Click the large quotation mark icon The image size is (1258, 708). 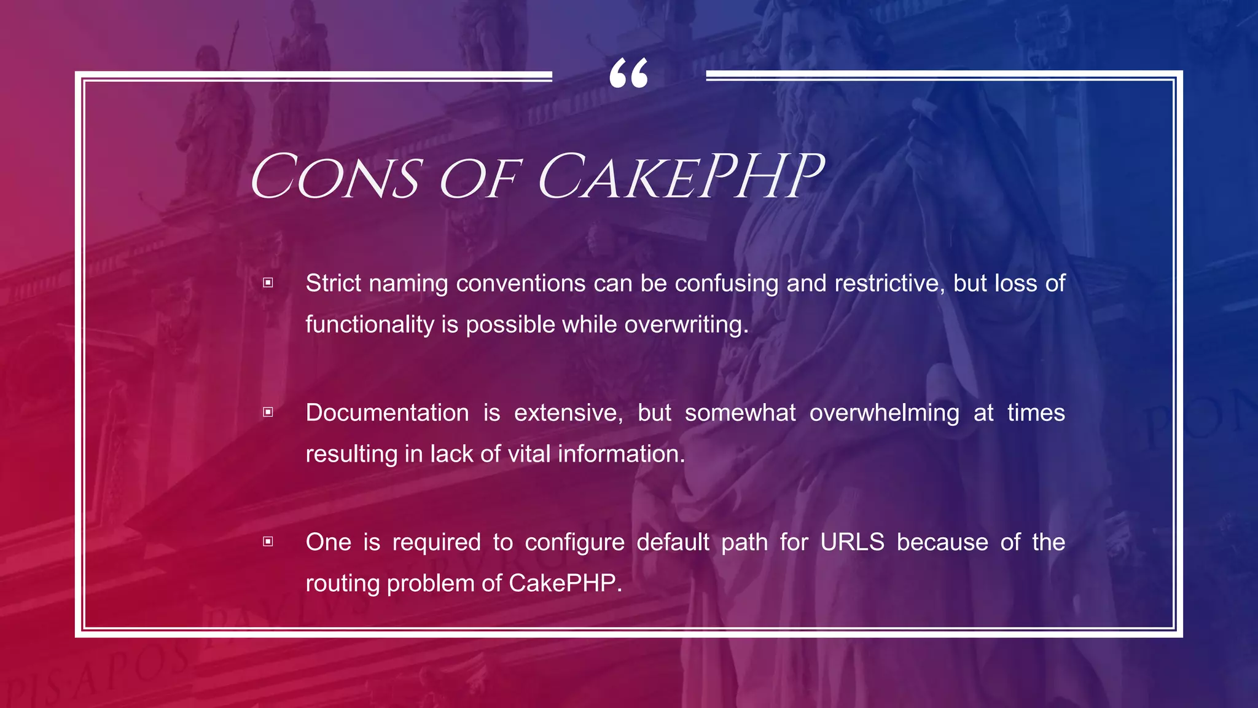click(628, 74)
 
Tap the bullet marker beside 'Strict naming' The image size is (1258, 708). click(268, 283)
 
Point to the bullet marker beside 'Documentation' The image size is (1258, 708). click(268, 412)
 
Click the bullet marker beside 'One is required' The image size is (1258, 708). click(268, 541)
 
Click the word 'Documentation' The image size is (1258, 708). click(387, 412)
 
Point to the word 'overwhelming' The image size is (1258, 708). click(884, 412)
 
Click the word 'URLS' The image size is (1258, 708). click(852, 542)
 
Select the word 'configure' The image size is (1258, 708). click(574, 543)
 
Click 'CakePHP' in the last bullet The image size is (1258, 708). click(563, 583)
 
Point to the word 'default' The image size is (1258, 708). click(673, 542)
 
